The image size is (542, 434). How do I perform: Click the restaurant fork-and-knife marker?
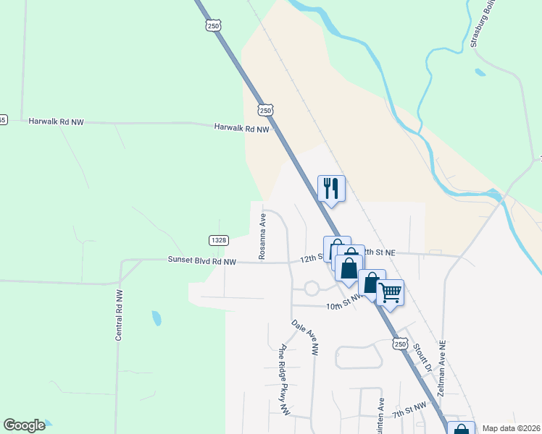pos(331,189)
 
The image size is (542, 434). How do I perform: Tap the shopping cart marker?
pos(390,293)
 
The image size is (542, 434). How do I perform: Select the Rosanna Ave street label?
pos(262,236)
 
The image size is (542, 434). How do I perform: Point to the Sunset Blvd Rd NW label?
pos(202,260)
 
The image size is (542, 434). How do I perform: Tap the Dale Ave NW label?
pos(305,338)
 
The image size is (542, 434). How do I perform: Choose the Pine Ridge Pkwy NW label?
pos(285,379)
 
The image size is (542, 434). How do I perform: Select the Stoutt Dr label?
pos(424,358)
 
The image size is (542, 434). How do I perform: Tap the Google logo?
pos(24,425)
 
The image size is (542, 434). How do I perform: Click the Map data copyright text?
pos(511,428)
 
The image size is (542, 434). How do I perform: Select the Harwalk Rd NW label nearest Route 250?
pos(241,128)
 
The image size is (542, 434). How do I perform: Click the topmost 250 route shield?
pos(212,25)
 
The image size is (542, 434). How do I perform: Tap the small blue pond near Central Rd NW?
pos(157,318)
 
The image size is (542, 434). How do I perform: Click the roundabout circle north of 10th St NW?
pos(312,289)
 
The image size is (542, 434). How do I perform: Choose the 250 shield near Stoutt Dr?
pos(401,344)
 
